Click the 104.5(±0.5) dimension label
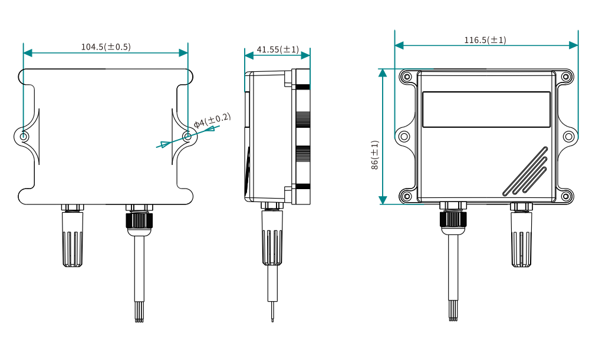[x=106, y=47]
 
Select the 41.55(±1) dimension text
[x=278, y=49]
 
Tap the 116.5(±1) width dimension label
[x=485, y=40]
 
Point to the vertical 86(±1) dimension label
[x=375, y=156]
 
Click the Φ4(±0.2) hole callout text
[x=212, y=121]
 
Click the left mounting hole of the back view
[x=24, y=137]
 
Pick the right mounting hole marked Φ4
[x=187, y=136]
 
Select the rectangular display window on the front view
[x=486, y=109]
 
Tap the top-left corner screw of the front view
[x=406, y=77]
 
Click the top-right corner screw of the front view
[x=566, y=77]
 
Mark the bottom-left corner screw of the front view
[x=406, y=196]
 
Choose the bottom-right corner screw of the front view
[x=566, y=196]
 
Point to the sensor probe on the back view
[x=73, y=240]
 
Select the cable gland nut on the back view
[x=139, y=220]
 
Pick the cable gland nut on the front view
[x=453, y=219]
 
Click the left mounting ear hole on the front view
[x=404, y=137]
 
